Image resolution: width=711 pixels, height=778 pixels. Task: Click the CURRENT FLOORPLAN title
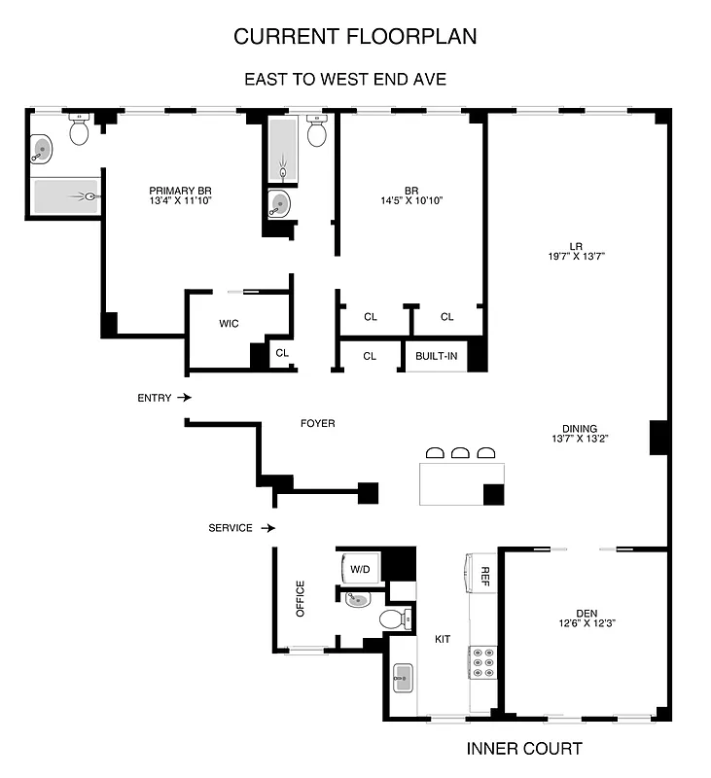point(355,37)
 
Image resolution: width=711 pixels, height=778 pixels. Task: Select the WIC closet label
point(229,323)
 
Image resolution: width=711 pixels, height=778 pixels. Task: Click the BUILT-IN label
point(436,356)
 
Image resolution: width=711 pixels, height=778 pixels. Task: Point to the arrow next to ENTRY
point(186,398)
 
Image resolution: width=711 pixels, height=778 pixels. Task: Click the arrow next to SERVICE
point(268,528)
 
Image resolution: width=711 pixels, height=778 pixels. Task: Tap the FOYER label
point(317,423)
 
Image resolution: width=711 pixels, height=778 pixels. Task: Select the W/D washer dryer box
point(359,568)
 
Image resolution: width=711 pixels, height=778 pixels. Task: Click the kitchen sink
point(404,677)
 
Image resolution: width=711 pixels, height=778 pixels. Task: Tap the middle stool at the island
point(460,452)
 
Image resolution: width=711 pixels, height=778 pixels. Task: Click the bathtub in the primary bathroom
point(66,196)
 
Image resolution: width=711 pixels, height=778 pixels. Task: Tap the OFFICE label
point(301,599)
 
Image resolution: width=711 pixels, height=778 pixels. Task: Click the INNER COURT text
point(524,749)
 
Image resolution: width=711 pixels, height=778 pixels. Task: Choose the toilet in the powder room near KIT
point(394,619)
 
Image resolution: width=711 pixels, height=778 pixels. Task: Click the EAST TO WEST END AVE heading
point(344,79)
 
